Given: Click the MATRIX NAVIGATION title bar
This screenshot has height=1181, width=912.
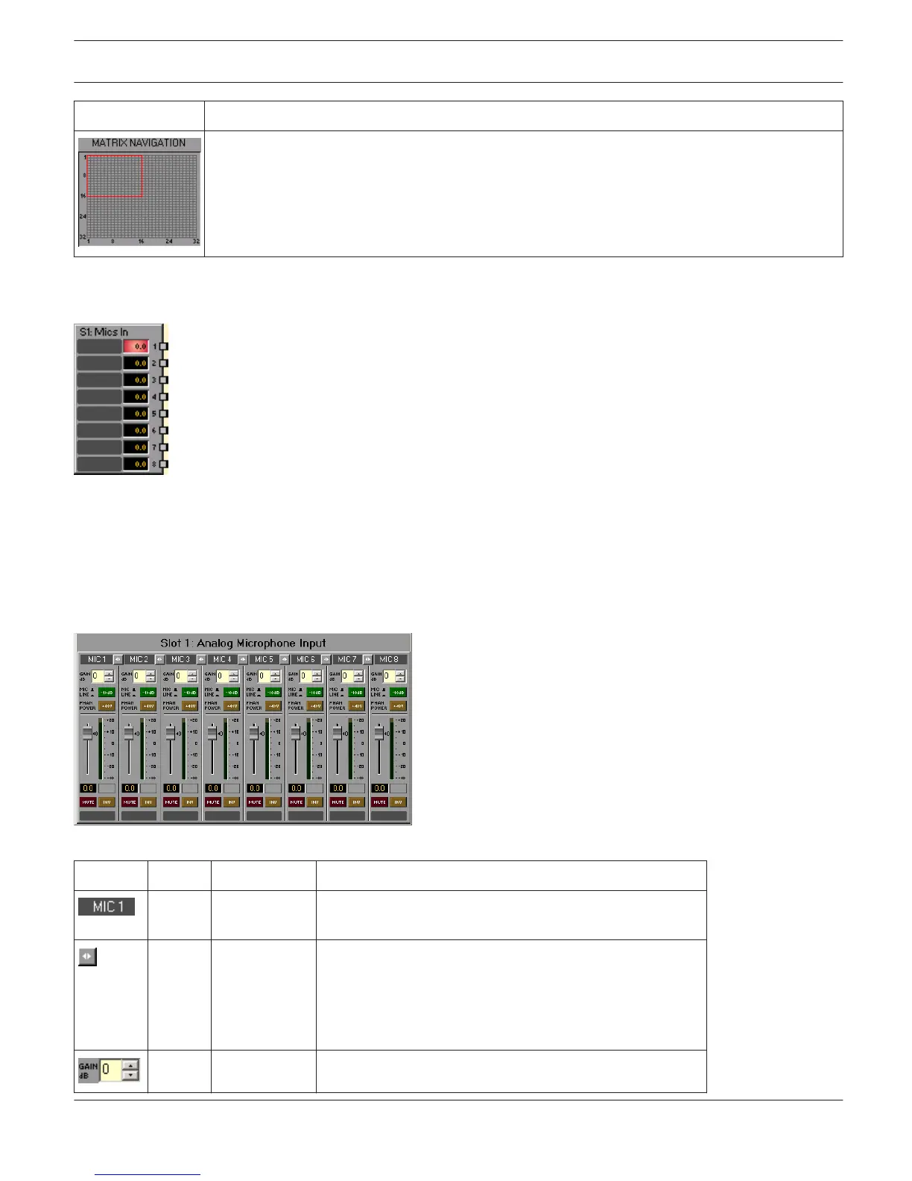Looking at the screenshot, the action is pos(139,143).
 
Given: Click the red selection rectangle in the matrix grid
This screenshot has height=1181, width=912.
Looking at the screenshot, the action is pos(115,176).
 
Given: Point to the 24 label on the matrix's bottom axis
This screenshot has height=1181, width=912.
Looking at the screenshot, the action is pos(169,242).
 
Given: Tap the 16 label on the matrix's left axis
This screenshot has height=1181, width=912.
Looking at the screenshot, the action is pos(83,196).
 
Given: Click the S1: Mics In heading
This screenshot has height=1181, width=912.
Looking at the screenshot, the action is pos(104,332).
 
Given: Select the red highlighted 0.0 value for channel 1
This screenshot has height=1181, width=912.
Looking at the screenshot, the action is pos(136,347).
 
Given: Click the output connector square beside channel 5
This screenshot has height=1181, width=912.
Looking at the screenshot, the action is pos(164,414).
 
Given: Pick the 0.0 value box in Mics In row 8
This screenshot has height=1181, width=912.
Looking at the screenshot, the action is pos(136,464).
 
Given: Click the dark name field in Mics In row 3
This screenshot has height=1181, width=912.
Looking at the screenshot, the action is pos(100,380).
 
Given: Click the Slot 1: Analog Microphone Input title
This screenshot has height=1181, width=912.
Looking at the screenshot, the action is pos(243,643).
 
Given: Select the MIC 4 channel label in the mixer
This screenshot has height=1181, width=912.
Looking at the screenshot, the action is pos(222,659).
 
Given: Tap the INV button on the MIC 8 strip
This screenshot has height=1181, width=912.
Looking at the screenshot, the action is pos(399,802).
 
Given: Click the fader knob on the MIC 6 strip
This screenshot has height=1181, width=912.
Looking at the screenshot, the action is pos(296,734).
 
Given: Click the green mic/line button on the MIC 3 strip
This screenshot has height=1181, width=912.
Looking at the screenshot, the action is pos(190,693).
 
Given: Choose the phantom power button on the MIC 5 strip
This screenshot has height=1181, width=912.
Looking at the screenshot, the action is pos(273,705).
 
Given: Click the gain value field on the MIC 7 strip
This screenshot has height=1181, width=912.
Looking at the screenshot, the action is pos(345,676).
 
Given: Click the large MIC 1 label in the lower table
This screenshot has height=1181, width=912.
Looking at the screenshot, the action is pos(107,907).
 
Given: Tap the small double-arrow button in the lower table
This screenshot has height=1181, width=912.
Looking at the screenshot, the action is pos(87,957).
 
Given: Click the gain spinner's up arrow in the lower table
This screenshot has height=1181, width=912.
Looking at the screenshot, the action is pos(130,1065).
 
